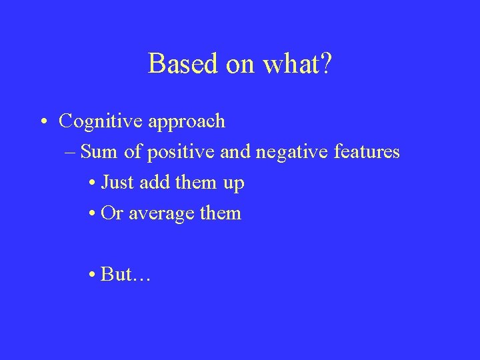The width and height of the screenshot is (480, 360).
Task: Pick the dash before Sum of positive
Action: [x=71, y=153]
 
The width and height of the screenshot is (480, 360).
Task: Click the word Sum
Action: [x=101, y=151]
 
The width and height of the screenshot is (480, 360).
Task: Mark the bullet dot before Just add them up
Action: [x=91, y=183]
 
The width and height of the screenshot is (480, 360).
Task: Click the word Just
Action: [x=118, y=183]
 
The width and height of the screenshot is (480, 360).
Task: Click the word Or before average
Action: [x=111, y=213]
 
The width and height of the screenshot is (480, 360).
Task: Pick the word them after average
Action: [x=219, y=213]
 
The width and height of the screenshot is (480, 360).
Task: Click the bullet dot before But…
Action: [x=91, y=275]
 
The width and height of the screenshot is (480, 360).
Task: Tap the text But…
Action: [x=125, y=275]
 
